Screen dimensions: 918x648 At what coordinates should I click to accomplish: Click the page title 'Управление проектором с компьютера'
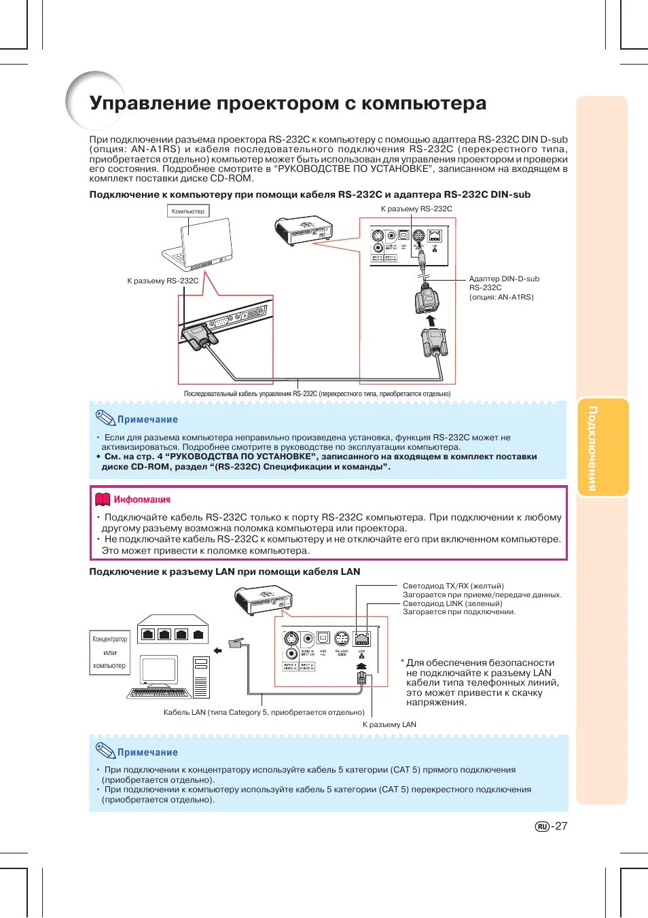(287, 103)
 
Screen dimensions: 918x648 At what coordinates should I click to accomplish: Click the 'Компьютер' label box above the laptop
(188, 211)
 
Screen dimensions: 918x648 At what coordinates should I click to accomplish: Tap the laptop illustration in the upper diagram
(198, 245)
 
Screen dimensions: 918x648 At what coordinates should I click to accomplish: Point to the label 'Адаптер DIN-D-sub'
(503, 279)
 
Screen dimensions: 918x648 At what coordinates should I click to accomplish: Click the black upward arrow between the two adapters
(429, 320)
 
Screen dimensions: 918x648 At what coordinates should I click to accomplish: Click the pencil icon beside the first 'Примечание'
(105, 418)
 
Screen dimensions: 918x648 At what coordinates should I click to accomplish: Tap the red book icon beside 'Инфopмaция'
(103, 499)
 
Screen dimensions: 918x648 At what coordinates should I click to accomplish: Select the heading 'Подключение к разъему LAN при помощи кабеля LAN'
(225, 571)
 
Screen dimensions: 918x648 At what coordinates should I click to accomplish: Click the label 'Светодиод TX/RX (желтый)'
(453, 586)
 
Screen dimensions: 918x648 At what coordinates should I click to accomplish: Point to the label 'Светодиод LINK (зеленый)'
(452, 603)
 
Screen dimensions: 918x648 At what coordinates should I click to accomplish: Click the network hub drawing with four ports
(173, 630)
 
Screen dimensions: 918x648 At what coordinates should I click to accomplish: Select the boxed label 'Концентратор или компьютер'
(109, 652)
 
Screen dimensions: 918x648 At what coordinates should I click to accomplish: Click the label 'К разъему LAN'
(389, 724)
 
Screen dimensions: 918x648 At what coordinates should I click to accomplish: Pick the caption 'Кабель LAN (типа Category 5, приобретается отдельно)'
(264, 712)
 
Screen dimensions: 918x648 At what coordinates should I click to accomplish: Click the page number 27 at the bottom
(560, 826)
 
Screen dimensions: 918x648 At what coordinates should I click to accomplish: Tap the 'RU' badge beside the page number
(542, 827)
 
